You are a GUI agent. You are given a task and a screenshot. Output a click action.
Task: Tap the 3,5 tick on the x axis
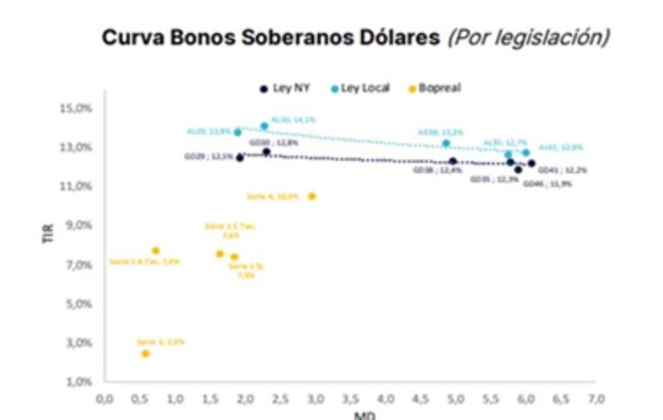351,399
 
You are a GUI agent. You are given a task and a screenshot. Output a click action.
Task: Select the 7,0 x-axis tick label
597,399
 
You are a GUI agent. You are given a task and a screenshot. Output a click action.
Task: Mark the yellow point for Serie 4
312,196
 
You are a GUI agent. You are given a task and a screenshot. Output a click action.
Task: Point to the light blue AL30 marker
264,126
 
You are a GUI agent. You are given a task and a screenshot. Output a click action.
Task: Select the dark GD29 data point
240,157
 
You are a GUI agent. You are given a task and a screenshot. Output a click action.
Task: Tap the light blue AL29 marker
238,132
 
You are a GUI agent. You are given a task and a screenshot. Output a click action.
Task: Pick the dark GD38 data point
452,162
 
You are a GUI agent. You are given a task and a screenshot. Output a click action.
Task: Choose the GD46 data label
547,184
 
